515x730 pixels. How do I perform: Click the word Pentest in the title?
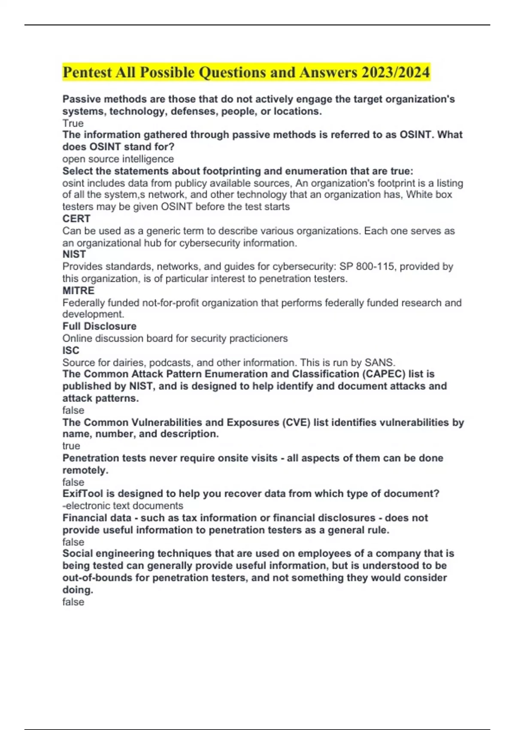coord(87,72)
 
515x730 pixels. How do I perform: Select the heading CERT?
coord(76,219)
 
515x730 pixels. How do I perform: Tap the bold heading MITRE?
coord(79,291)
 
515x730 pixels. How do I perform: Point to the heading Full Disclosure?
coord(100,326)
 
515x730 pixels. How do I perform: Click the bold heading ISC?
coord(71,350)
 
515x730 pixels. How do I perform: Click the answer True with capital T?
coord(73,123)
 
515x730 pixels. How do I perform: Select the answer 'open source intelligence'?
coord(118,159)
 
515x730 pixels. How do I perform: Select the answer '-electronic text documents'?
coord(123,506)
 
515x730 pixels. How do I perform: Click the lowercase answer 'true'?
coord(71,446)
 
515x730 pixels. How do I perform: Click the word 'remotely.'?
coord(85,470)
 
